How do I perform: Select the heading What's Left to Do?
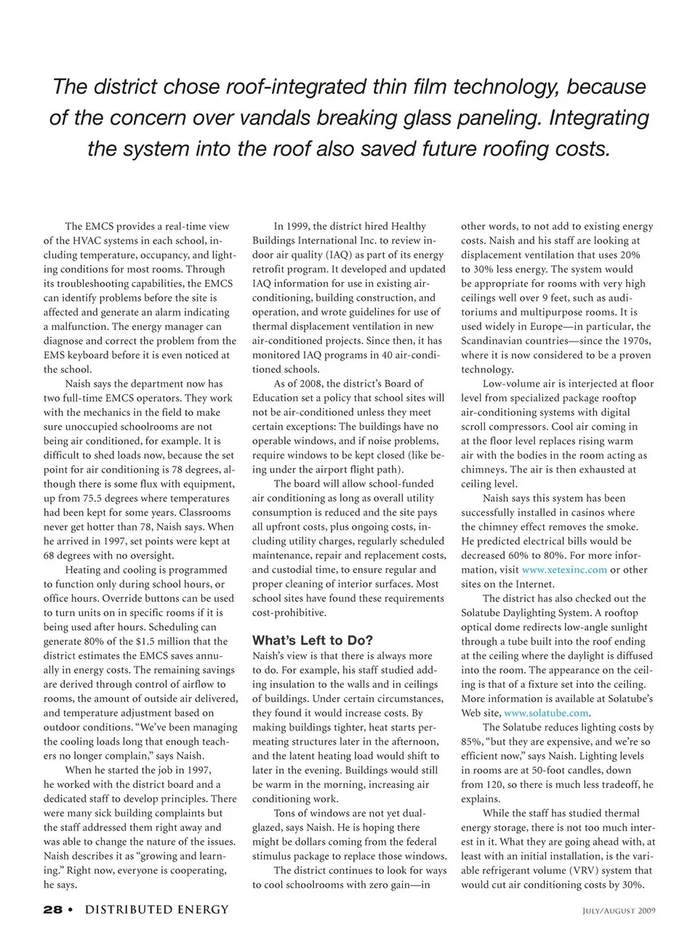pyautogui.click(x=313, y=640)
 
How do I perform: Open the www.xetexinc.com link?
pyautogui.click(x=564, y=570)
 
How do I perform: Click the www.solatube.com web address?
pyautogui.click(x=546, y=713)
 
